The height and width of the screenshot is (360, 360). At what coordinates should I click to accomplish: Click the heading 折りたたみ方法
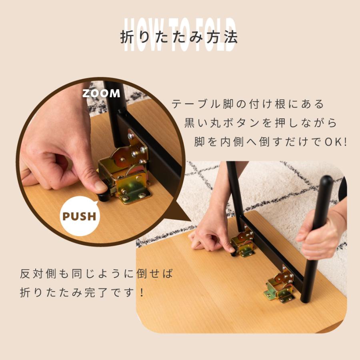click(x=179, y=37)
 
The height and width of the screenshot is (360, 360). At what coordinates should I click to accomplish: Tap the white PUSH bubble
click(x=80, y=216)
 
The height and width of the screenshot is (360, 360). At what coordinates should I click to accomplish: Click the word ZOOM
click(x=101, y=94)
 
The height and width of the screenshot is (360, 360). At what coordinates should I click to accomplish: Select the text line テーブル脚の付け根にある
click(x=248, y=104)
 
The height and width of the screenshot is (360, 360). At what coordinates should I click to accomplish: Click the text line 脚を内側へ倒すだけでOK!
click(x=271, y=142)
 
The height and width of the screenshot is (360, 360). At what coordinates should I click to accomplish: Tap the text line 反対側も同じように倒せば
click(x=97, y=274)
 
